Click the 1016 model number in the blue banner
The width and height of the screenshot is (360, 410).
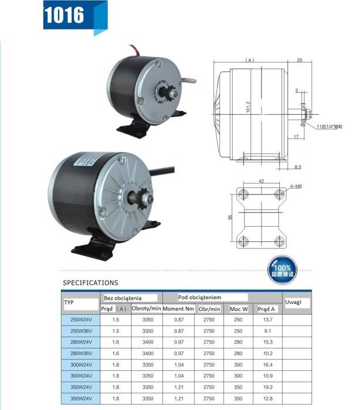(64, 15)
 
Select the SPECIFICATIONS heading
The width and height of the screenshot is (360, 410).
(90, 283)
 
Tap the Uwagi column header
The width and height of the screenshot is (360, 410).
(293, 302)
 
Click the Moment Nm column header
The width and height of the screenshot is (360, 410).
(178, 309)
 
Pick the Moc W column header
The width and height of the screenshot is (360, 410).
(239, 309)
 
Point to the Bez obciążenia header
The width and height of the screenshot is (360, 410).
(123, 298)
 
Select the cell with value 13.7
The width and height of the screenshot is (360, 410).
(268, 320)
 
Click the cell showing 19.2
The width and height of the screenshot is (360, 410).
(268, 387)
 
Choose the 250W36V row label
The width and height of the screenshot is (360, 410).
(81, 331)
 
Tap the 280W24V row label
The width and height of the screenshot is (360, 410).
(81, 342)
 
